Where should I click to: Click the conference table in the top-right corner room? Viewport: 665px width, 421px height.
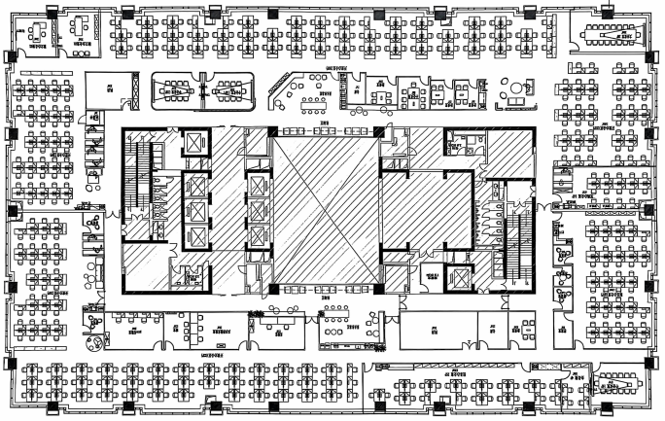pos(612,35)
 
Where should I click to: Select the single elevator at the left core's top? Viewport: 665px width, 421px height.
pos(194,142)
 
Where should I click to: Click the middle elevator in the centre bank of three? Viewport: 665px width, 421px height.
pos(257,210)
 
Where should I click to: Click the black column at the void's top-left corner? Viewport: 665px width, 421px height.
pos(272,131)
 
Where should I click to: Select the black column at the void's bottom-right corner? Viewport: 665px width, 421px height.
pos(377,287)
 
